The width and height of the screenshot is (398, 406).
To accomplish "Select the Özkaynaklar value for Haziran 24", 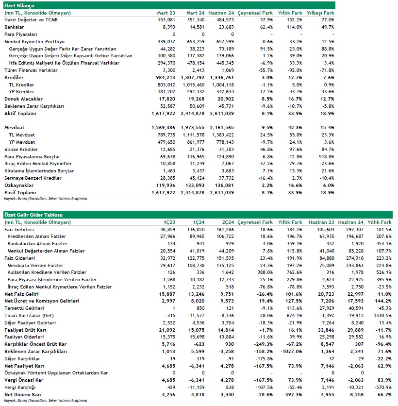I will pyautogui.click(x=223, y=186).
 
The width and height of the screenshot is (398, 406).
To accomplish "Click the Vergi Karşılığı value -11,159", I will pyautogui.click(x=195, y=388).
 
